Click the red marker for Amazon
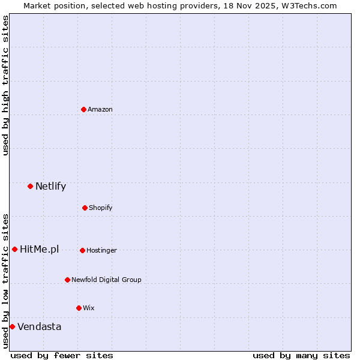(83, 109)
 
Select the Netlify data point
(30, 186)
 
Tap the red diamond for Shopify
(85, 208)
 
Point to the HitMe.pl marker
(14, 249)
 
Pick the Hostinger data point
(82, 250)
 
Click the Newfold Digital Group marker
(67, 280)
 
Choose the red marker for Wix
(79, 308)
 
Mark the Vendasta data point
(12, 326)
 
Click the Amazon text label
(100, 109)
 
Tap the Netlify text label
(50, 186)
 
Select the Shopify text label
(101, 208)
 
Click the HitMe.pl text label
(40, 249)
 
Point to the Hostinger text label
(101, 250)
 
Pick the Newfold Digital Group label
(106, 280)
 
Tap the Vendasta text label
(39, 326)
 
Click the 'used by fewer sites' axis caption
(62, 355)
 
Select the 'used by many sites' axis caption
(301, 355)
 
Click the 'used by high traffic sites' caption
(6, 85)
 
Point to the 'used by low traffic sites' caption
(6, 281)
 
